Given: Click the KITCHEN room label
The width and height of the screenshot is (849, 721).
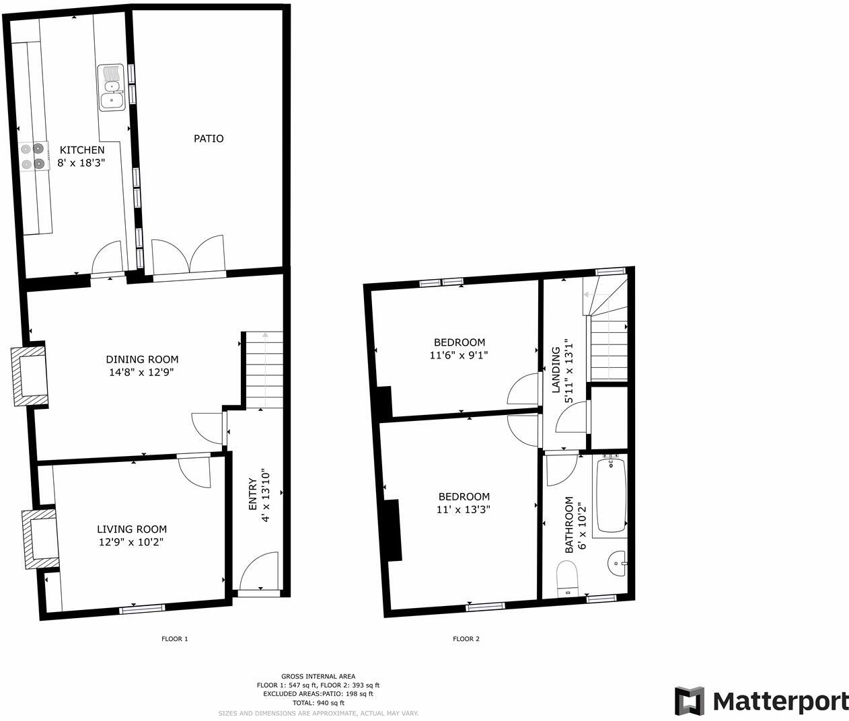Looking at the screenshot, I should pos(82,150).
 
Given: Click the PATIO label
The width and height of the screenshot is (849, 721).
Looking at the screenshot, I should pos(209,139).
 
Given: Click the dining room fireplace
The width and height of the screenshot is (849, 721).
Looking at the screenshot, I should pos(30,376).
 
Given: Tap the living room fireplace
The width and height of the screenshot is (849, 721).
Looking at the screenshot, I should pos(40,539).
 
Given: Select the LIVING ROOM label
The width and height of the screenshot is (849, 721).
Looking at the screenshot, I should pos(132,529).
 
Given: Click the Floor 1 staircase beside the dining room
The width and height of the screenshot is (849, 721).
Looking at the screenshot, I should pos(264,369).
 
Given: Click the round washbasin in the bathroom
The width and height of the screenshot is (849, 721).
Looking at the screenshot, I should pos(616,563).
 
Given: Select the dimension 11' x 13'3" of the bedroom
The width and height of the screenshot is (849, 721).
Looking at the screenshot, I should pos(463,509).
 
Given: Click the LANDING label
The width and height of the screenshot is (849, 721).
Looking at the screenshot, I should pos(556,370).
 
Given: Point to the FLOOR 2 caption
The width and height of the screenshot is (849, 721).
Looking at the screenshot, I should pos(466,639).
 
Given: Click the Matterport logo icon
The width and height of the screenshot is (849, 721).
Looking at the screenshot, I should pos(690,701).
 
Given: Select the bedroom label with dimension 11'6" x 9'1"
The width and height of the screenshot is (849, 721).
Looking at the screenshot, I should pos(459,342).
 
